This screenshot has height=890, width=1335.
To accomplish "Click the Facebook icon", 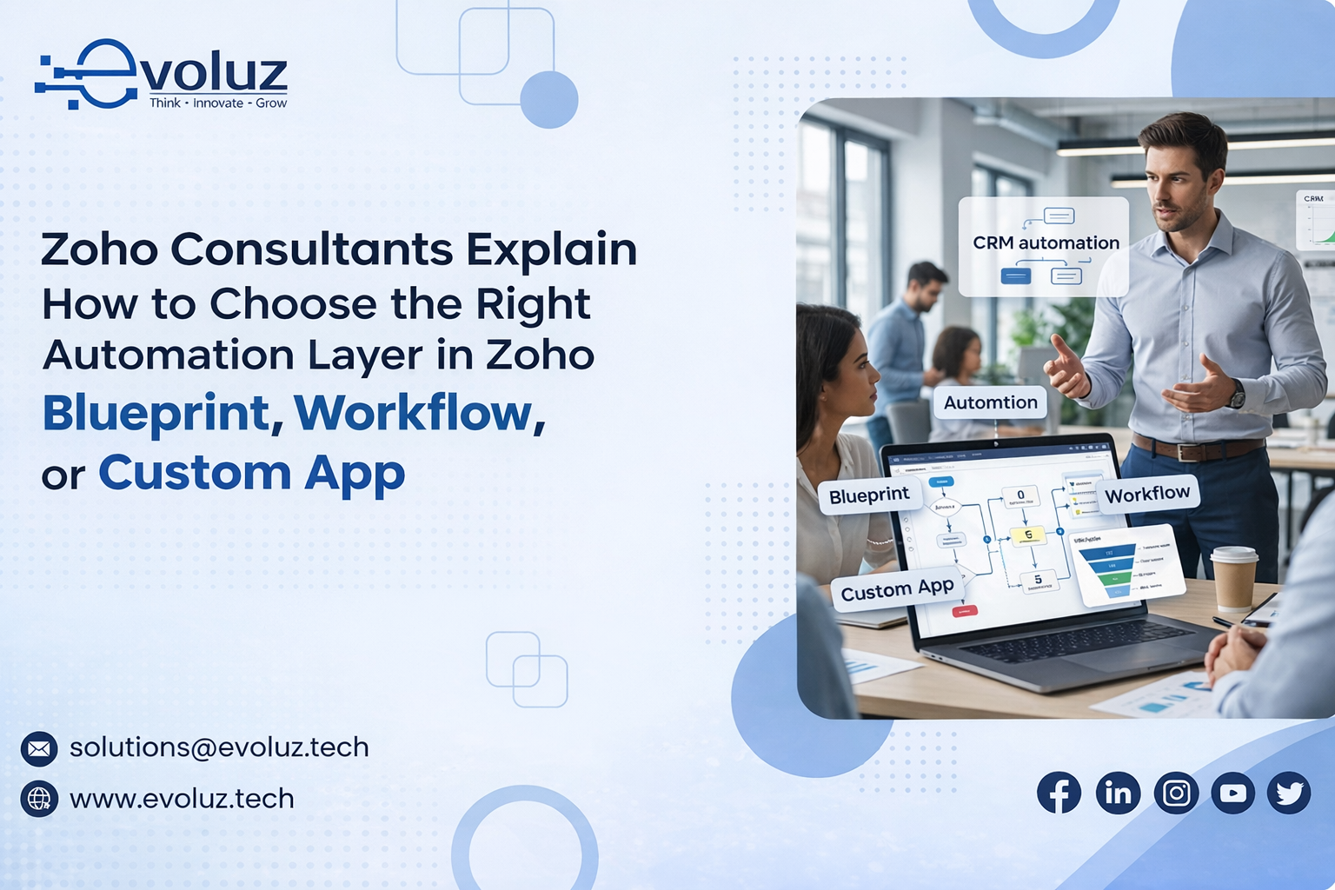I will click(x=1059, y=793).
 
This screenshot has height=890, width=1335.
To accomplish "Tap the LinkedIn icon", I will click(x=1118, y=793).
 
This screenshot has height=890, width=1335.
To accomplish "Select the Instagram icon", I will click(x=1176, y=793).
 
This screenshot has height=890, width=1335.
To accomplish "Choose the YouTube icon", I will click(x=1233, y=793).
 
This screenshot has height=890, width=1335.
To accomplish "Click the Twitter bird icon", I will click(x=1289, y=793).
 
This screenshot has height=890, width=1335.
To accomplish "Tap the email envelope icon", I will click(x=39, y=748).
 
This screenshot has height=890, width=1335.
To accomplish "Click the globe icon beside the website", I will click(x=39, y=799).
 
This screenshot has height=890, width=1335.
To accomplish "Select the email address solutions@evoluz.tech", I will click(x=219, y=747).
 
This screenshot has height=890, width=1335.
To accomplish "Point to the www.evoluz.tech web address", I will click(x=182, y=799).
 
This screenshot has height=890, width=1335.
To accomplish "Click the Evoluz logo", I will click(x=161, y=74).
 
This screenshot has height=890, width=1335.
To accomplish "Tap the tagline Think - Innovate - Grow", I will click(x=217, y=103).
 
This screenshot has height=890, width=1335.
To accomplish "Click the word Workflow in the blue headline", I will click(x=414, y=413).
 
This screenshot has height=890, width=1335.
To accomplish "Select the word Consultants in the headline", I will click(x=312, y=250).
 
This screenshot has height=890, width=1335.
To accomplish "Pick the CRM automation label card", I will click(x=1044, y=247).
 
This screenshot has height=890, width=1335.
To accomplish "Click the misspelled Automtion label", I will click(x=990, y=402).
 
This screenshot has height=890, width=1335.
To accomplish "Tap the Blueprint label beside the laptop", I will click(x=868, y=495).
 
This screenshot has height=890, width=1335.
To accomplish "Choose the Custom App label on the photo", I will click(x=897, y=589).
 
